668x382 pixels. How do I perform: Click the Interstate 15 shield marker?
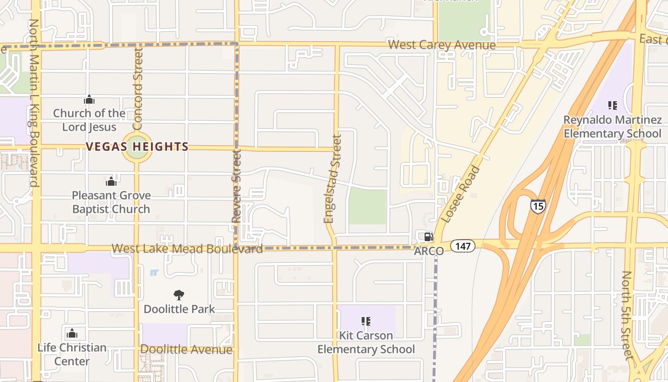pos(537,206)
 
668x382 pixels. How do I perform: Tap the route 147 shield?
pos(463,246)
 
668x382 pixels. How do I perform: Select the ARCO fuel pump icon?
pos(428,237)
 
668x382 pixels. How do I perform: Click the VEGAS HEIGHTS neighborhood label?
pos(137,147)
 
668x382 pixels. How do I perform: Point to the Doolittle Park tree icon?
pos(179,295)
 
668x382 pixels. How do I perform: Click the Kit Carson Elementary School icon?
pos(366,321)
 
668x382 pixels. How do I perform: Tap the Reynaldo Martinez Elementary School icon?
pos(613,106)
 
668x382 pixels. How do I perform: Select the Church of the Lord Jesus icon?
pos(89,99)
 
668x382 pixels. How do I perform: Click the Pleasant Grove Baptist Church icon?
pos(111,181)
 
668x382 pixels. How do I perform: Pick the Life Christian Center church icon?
pos(72,333)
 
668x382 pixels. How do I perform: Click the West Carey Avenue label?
pos(442,45)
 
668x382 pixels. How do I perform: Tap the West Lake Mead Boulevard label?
pos(187,249)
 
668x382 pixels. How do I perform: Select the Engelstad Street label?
pos(333,179)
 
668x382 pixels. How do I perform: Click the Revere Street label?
pos(236,186)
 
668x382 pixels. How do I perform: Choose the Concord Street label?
pos(138,89)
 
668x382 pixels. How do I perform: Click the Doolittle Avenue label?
pos(186,350)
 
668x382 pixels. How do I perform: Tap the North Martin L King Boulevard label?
pos(33,103)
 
